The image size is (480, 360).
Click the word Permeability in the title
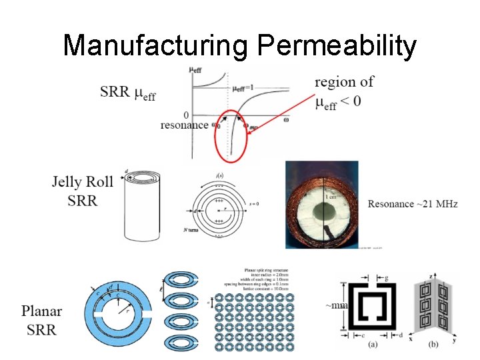[337, 47]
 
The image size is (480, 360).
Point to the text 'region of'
[344, 82]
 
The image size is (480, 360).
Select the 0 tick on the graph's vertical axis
[185, 115]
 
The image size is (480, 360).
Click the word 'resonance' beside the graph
[185, 125]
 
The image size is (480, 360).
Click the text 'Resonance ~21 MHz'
[413, 204]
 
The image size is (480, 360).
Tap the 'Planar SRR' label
[41, 320]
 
